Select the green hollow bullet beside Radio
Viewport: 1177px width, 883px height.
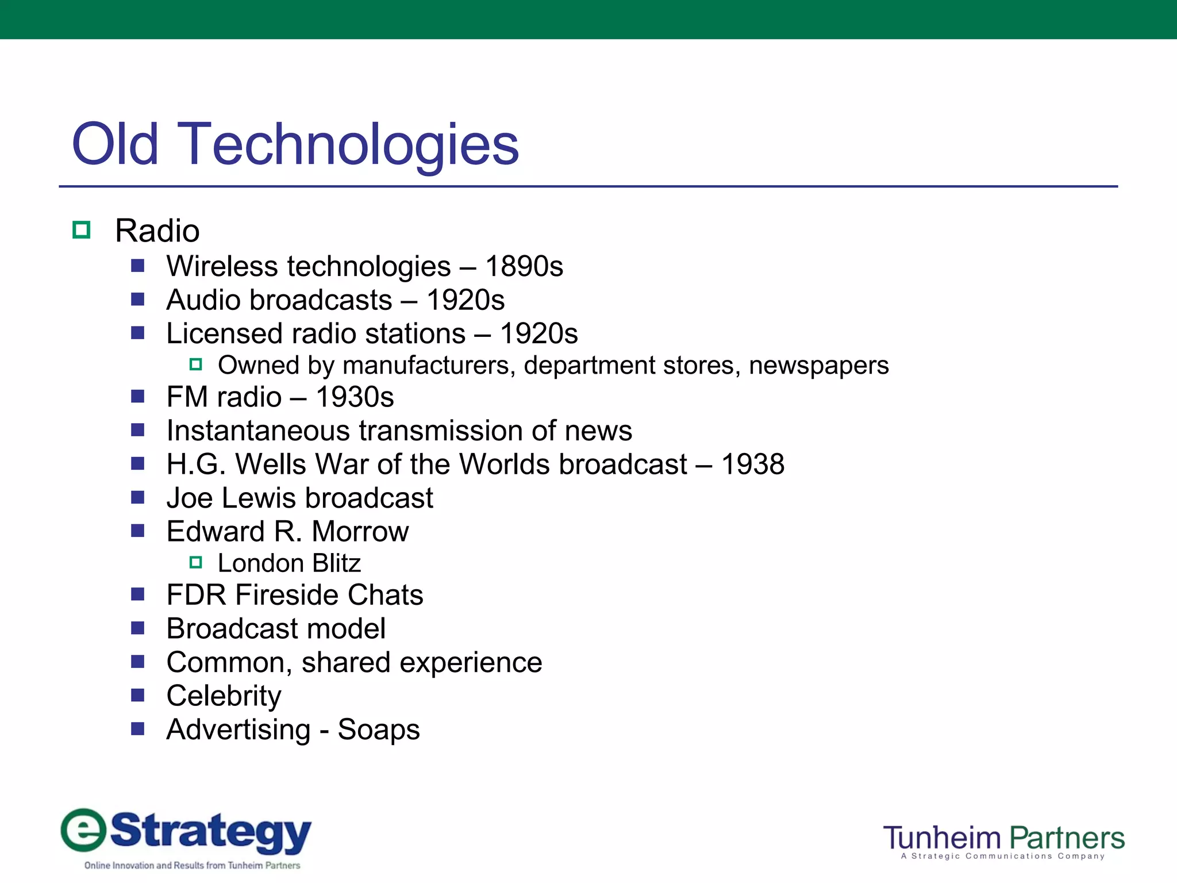click(82, 230)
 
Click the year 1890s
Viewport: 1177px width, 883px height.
click(524, 267)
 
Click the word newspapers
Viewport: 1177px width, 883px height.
click(818, 366)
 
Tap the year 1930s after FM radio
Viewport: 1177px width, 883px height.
click(355, 397)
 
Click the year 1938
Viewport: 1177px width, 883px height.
click(752, 464)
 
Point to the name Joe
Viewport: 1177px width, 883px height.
click(190, 498)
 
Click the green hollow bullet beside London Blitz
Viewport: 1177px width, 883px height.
click(196, 562)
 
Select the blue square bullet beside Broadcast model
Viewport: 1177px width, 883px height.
click(137, 628)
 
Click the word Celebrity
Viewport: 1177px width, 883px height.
click(224, 696)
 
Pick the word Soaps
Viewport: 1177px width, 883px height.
click(379, 730)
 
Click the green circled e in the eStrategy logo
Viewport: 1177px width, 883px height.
click(84, 830)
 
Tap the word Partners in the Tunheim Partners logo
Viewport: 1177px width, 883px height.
click(1067, 838)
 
